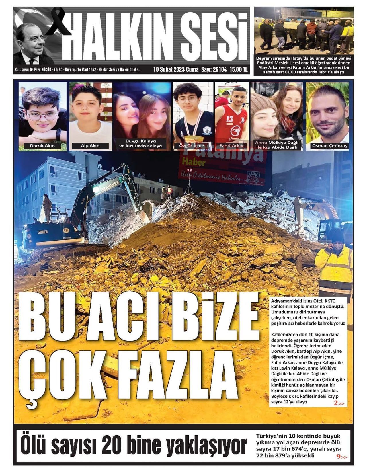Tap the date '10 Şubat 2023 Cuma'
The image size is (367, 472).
tap(176, 69)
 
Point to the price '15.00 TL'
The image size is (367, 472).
tap(239, 69)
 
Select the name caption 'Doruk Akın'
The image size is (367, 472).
tap(42, 146)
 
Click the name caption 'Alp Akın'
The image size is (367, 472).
tap(90, 146)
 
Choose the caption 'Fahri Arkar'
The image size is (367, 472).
tap(231, 146)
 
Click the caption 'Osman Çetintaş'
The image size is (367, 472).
tap(329, 146)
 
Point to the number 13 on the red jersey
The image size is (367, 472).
tap(229, 119)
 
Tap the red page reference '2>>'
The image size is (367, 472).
tap(339, 403)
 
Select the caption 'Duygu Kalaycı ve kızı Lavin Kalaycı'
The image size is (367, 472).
tap(141, 144)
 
